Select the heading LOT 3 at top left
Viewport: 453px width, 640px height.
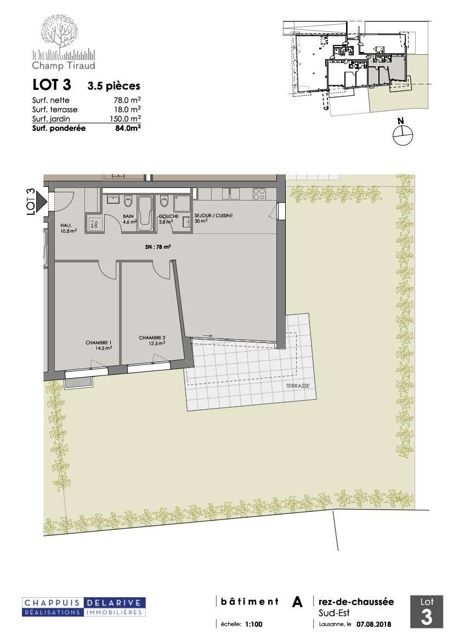click(x=52, y=85)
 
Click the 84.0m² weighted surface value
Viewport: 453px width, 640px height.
click(x=128, y=128)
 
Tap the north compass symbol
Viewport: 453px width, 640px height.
click(x=403, y=133)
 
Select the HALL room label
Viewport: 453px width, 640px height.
click(x=66, y=225)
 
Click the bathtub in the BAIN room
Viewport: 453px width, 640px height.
click(x=144, y=213)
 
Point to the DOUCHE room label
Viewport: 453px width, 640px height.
click(x=169, y=216)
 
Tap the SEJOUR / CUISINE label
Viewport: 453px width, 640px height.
click(x=214, y=215)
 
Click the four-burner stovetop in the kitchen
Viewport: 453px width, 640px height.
click(x=259, y=193)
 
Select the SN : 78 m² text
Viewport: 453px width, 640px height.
click(x=157, y=247)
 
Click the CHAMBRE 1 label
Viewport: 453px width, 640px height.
click(x=99, y=343)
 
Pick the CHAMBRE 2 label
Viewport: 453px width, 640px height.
click(x=152, y=338)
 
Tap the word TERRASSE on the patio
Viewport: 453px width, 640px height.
click(x=297, y=386)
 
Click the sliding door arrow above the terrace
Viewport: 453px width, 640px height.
click(x=208, y=336)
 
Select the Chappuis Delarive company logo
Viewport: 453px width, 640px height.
click(x=84, y=607)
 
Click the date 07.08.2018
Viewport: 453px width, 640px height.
click(x=373, y=624)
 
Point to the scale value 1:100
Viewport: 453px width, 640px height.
click(x=254, y=624)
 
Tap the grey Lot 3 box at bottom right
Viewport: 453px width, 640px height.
click(x=427, y=612)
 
